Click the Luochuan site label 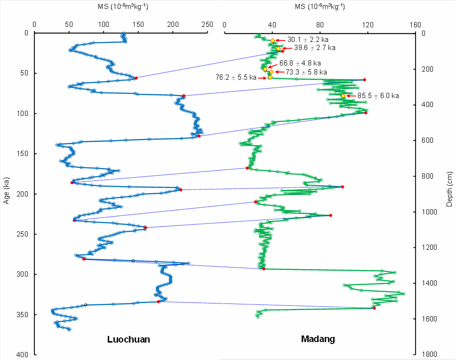(x=129, y=339)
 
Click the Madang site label (x=318, y=339)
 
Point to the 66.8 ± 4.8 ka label (x=300, y=63)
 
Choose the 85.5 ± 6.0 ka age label (x=378, y=96)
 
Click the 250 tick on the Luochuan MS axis (x=207, y=25)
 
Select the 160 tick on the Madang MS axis (x=415, y=25)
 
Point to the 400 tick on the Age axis (x=25, y=354)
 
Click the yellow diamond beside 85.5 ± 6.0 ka (x=343, y=96)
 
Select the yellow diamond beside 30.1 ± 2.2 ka (x=272, y=41)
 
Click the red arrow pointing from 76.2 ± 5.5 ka (x=262, y=77)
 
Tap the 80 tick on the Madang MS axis (x=320, y=25)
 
